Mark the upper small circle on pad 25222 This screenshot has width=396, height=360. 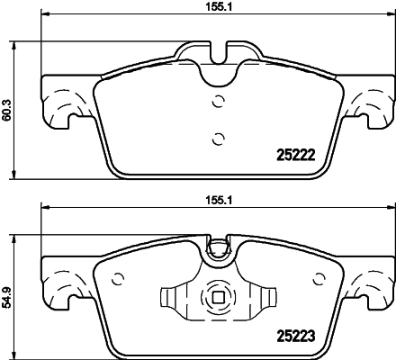coord(216,102)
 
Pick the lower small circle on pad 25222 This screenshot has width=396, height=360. coord(216,138)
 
